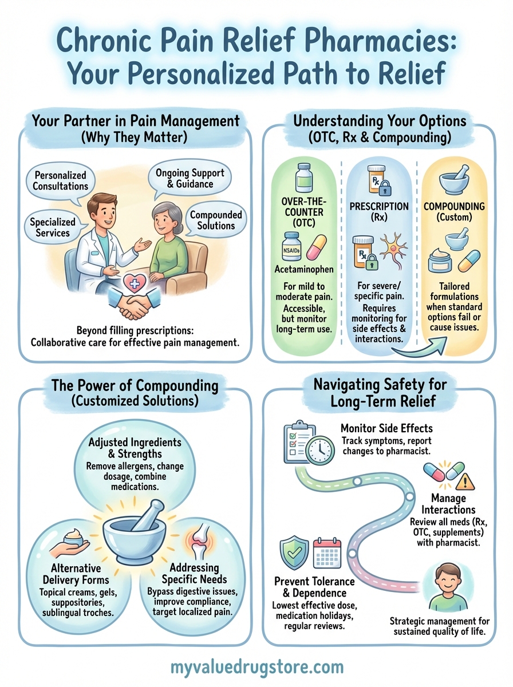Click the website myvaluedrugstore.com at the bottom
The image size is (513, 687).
256,667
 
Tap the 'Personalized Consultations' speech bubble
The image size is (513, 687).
61,180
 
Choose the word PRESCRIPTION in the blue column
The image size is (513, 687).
378,206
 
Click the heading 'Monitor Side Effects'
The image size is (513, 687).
386,428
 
